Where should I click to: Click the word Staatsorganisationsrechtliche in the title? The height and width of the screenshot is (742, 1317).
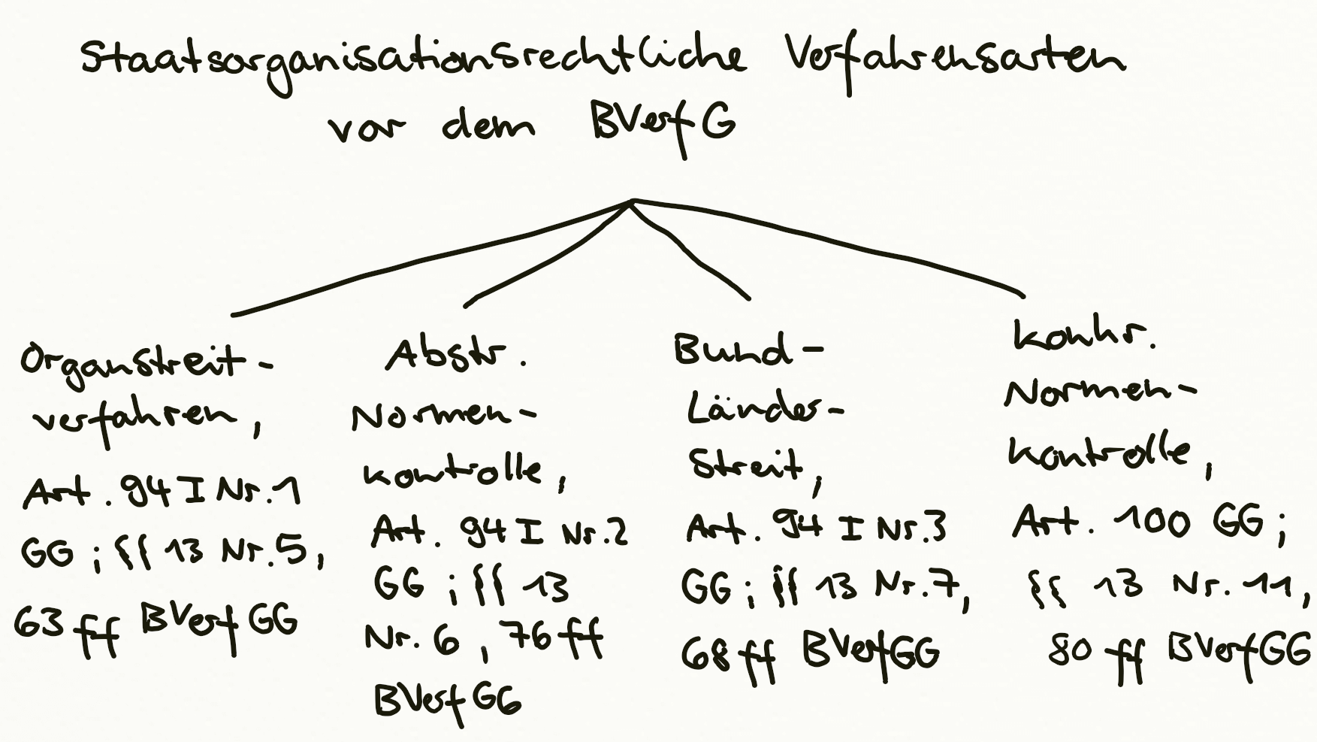click(x=413, y=60)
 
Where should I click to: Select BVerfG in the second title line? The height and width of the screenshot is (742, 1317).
click(x=661, y=124)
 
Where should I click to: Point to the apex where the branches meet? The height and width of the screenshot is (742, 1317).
click(x=633, y=201)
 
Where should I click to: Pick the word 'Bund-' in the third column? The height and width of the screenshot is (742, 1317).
click(x=744, y=350)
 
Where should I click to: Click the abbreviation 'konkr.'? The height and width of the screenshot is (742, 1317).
click(x=1082, y=336)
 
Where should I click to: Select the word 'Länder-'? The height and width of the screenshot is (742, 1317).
click(x=763, y=410)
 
